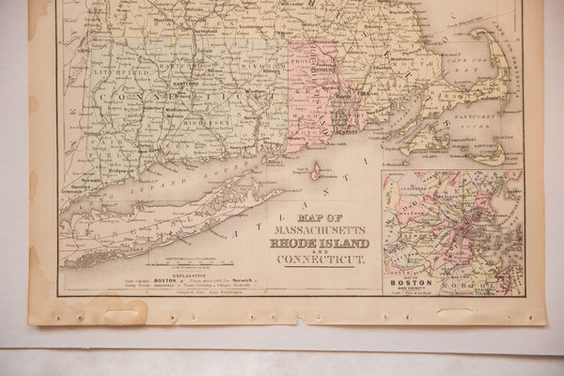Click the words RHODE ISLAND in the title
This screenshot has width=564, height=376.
coord(319,243)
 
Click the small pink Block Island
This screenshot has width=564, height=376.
coord(317,172)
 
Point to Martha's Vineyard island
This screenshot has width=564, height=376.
coord(428,148)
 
